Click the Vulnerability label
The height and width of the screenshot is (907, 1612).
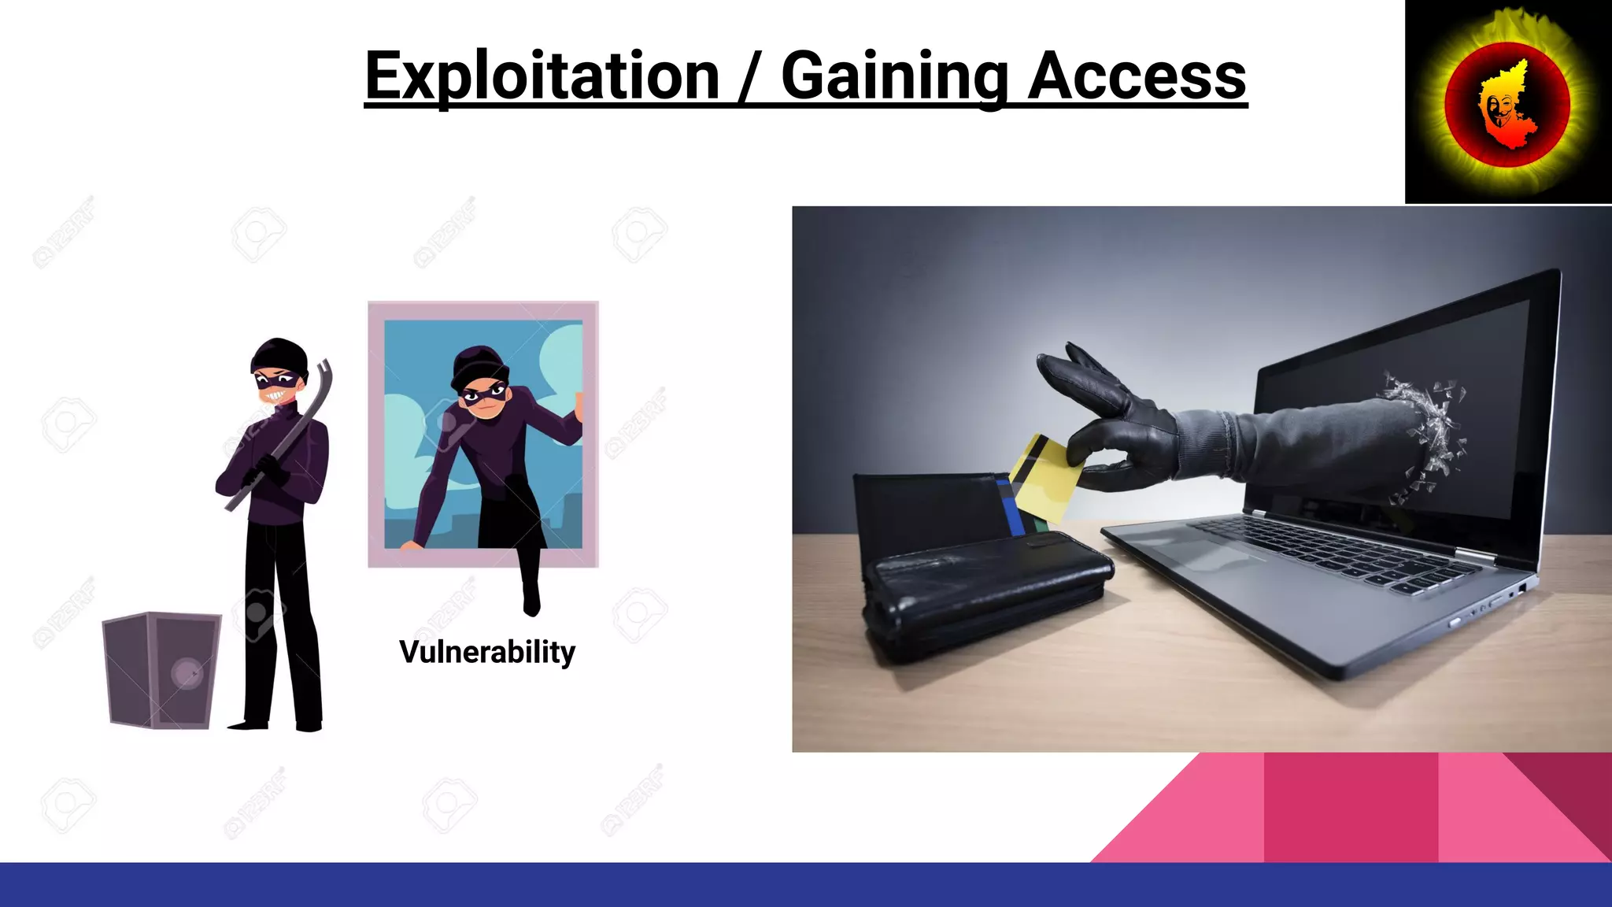tap(486, 652)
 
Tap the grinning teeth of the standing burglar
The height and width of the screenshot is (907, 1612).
tap(276, 394)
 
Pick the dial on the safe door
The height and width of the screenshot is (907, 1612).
tap(187, 674)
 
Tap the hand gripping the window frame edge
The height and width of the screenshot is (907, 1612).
tap(579, 409)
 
